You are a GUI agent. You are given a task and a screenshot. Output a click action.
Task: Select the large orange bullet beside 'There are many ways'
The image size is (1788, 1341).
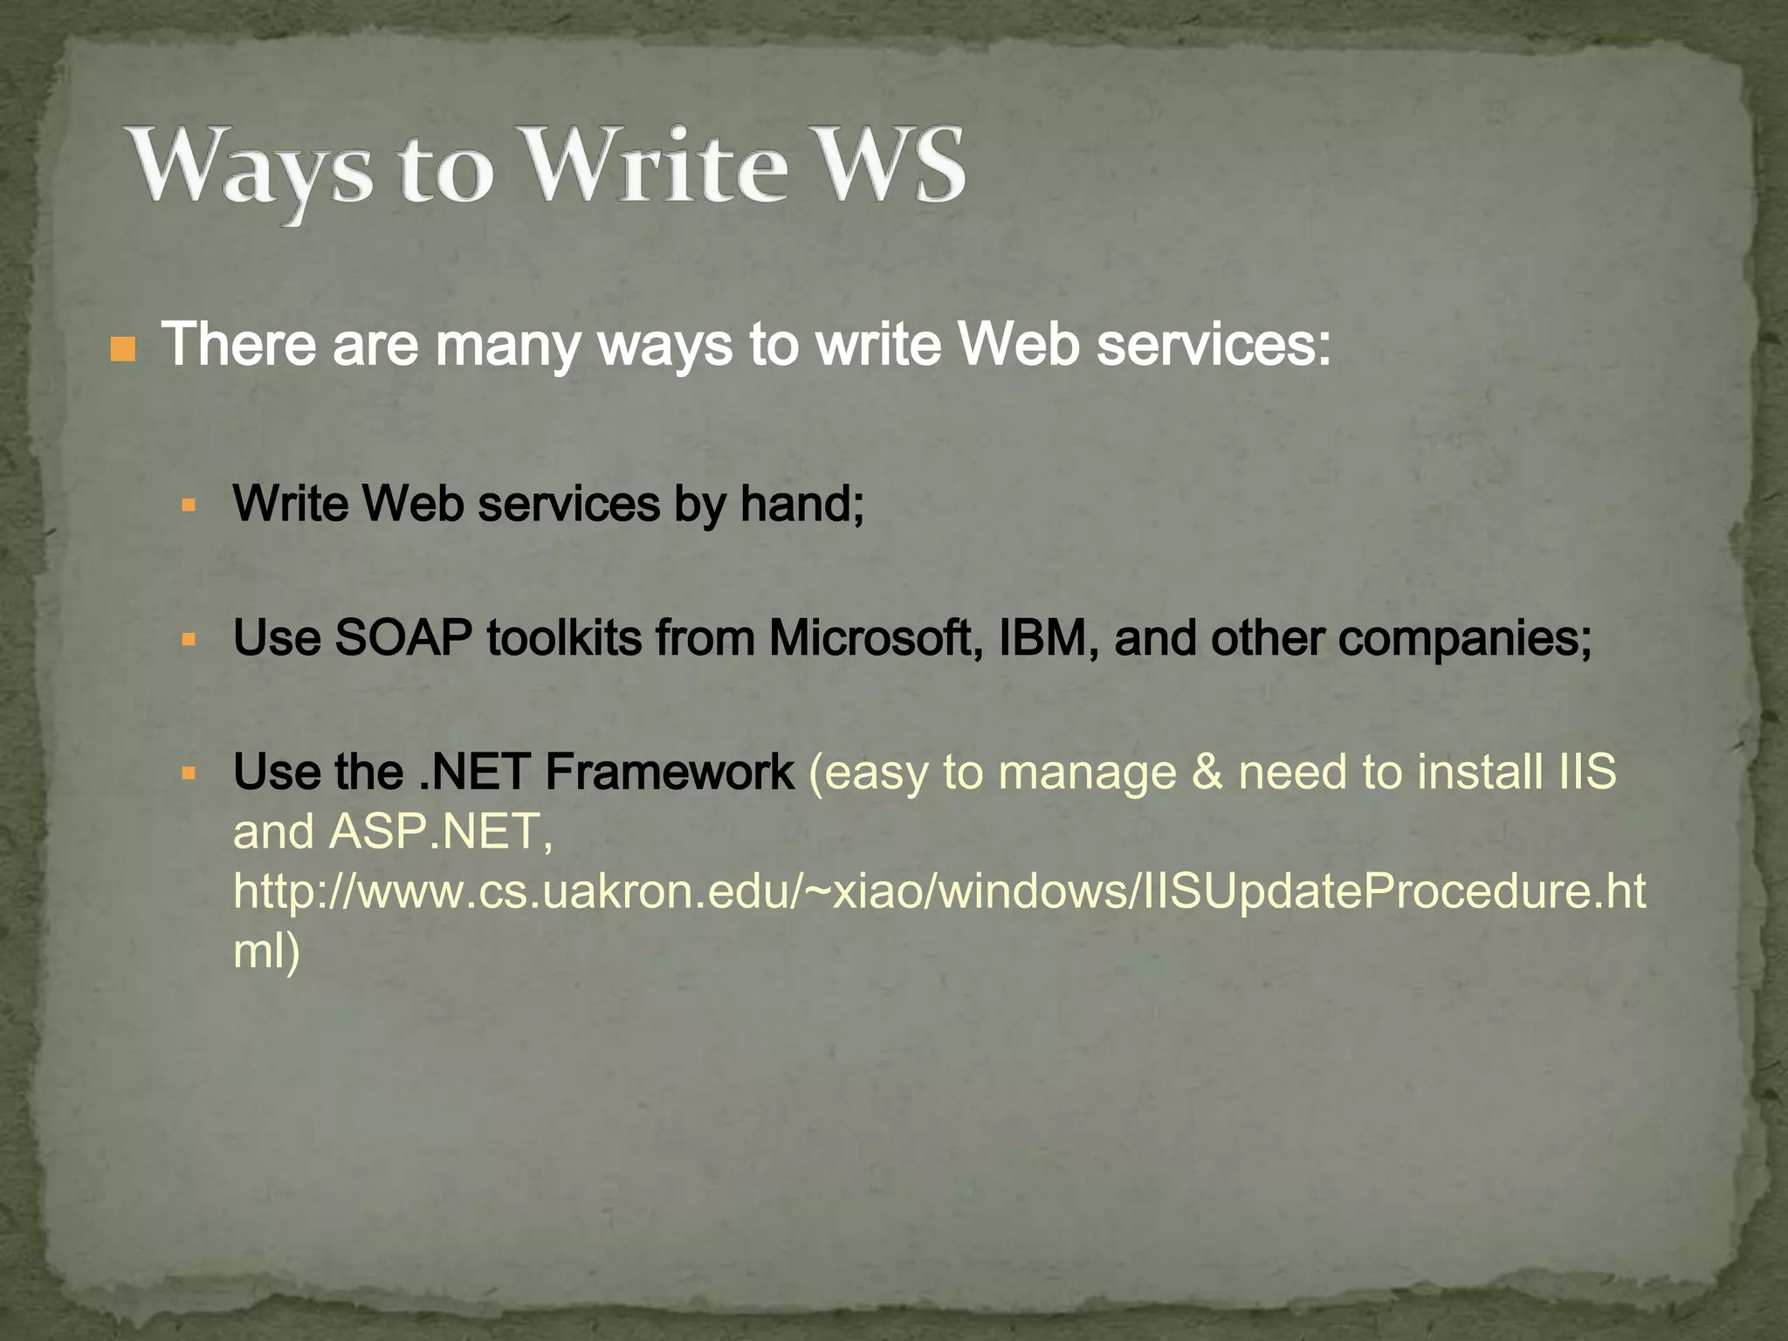click(123, 349)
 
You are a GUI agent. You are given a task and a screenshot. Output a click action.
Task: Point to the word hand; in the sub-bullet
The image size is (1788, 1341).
click(802, 504)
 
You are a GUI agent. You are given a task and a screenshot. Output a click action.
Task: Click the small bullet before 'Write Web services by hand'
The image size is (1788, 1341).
click(189, 505)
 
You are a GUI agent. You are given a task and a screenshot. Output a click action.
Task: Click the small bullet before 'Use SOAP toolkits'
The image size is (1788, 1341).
click(189, 639)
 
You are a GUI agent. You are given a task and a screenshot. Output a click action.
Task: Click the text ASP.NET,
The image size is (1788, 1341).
click(441, 831)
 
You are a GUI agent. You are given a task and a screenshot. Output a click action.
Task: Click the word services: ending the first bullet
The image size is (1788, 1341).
click(1214, 346)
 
